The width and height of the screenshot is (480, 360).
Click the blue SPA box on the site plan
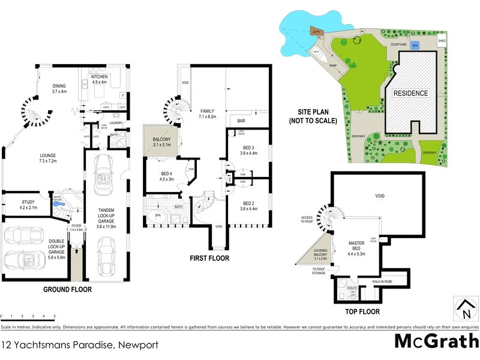(415, 45)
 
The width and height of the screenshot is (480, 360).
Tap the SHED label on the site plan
(442, 41)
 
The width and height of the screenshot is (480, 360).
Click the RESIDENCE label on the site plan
(411, 93)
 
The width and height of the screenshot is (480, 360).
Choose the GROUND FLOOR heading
(67, 289)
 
